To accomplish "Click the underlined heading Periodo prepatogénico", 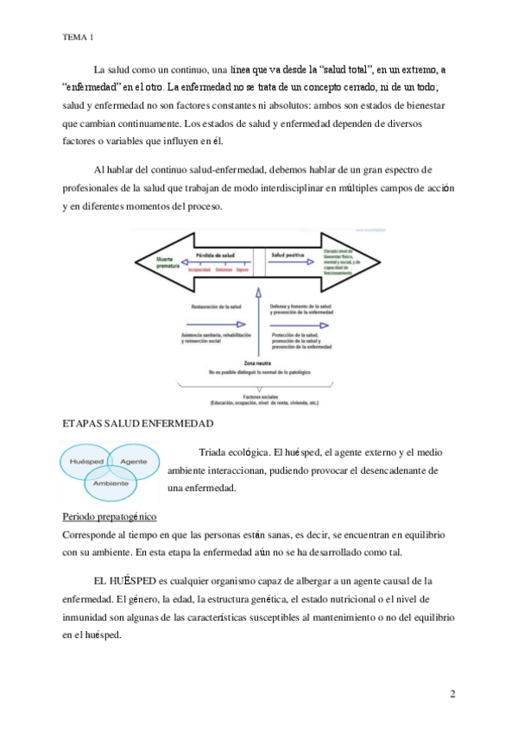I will click(x=109, y=517).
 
